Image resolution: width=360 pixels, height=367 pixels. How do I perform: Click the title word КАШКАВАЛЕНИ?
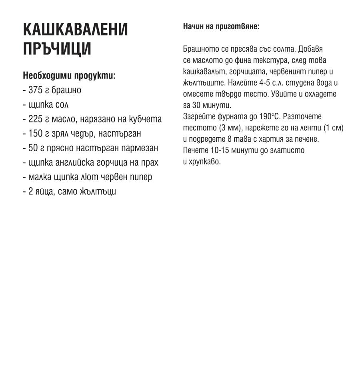pyautogui.click(x=76, y=30)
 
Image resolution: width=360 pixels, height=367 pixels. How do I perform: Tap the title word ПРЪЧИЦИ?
pyautogui.click(x=57, y=48)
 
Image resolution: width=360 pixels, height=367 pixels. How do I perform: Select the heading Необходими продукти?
pyautogui.click(x=69, y=75)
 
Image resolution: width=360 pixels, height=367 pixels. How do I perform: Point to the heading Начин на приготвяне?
pyautogui.click(x=221, y=26)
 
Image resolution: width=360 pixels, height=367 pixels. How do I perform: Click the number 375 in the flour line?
pyautogui.click(x=36, y=90)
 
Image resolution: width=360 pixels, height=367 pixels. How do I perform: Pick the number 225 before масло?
pyautogui.click(x=36, y=119)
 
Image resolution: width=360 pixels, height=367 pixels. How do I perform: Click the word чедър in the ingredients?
pyautogui.click(x=90, y=133)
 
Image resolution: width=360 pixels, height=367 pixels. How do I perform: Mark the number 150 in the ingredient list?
pyautogui.click(x=36, y=133)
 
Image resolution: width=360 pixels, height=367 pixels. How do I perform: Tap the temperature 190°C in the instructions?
pyautogui.click(x=270, y=117)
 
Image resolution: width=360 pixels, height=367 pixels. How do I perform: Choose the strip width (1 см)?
pyautogui.click(x=333, y=128)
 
